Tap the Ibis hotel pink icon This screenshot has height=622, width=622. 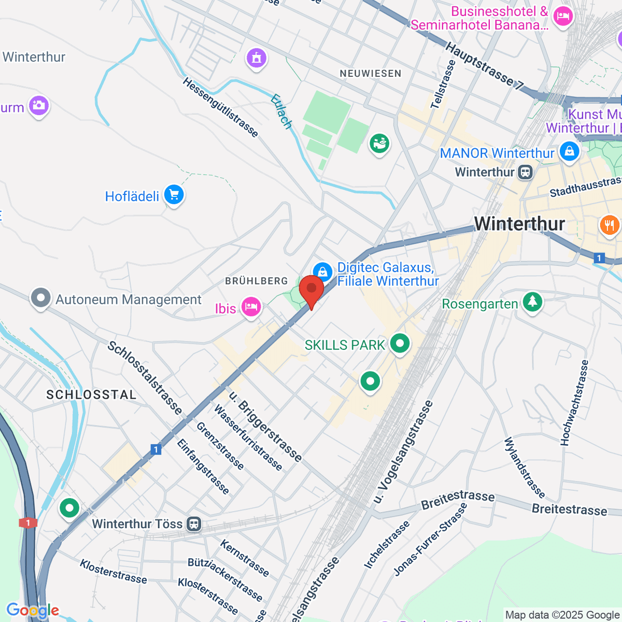tap(251, 306)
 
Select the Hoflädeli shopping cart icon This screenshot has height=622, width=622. tap(174, 195)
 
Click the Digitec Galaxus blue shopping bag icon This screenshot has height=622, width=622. tap(322, 271)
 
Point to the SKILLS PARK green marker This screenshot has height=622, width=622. tap(400, 343)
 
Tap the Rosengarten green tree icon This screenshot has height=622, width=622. tap(532, 302)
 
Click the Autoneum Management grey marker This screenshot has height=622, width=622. tap(41, 298)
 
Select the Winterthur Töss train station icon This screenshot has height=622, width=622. tap(194, 524)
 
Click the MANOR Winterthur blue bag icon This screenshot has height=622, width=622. tap(569, 151)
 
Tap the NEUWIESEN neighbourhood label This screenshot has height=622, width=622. tap(371, 74)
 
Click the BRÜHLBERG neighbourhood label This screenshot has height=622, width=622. tap(257, 281)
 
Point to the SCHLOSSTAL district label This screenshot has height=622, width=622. tap(91, 395)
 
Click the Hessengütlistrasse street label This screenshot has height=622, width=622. tap(220, 107)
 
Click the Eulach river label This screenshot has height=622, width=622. tap(281, 111)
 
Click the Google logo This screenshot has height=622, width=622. tap(33, 611)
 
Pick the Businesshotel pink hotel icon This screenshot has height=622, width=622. tap(562, 17)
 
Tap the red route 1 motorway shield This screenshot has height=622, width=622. tap(28, 522)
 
